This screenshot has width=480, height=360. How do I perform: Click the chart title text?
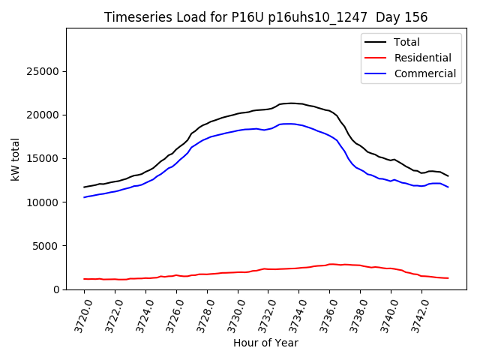coord(266,17)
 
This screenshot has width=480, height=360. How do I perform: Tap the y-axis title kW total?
coord(15,158)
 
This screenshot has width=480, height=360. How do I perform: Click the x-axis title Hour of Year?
coord(266,343)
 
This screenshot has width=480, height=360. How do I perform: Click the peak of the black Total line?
coord(291,103)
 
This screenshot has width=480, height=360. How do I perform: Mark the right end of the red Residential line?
coord(448,278)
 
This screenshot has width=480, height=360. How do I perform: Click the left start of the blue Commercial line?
coord(85,197)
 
